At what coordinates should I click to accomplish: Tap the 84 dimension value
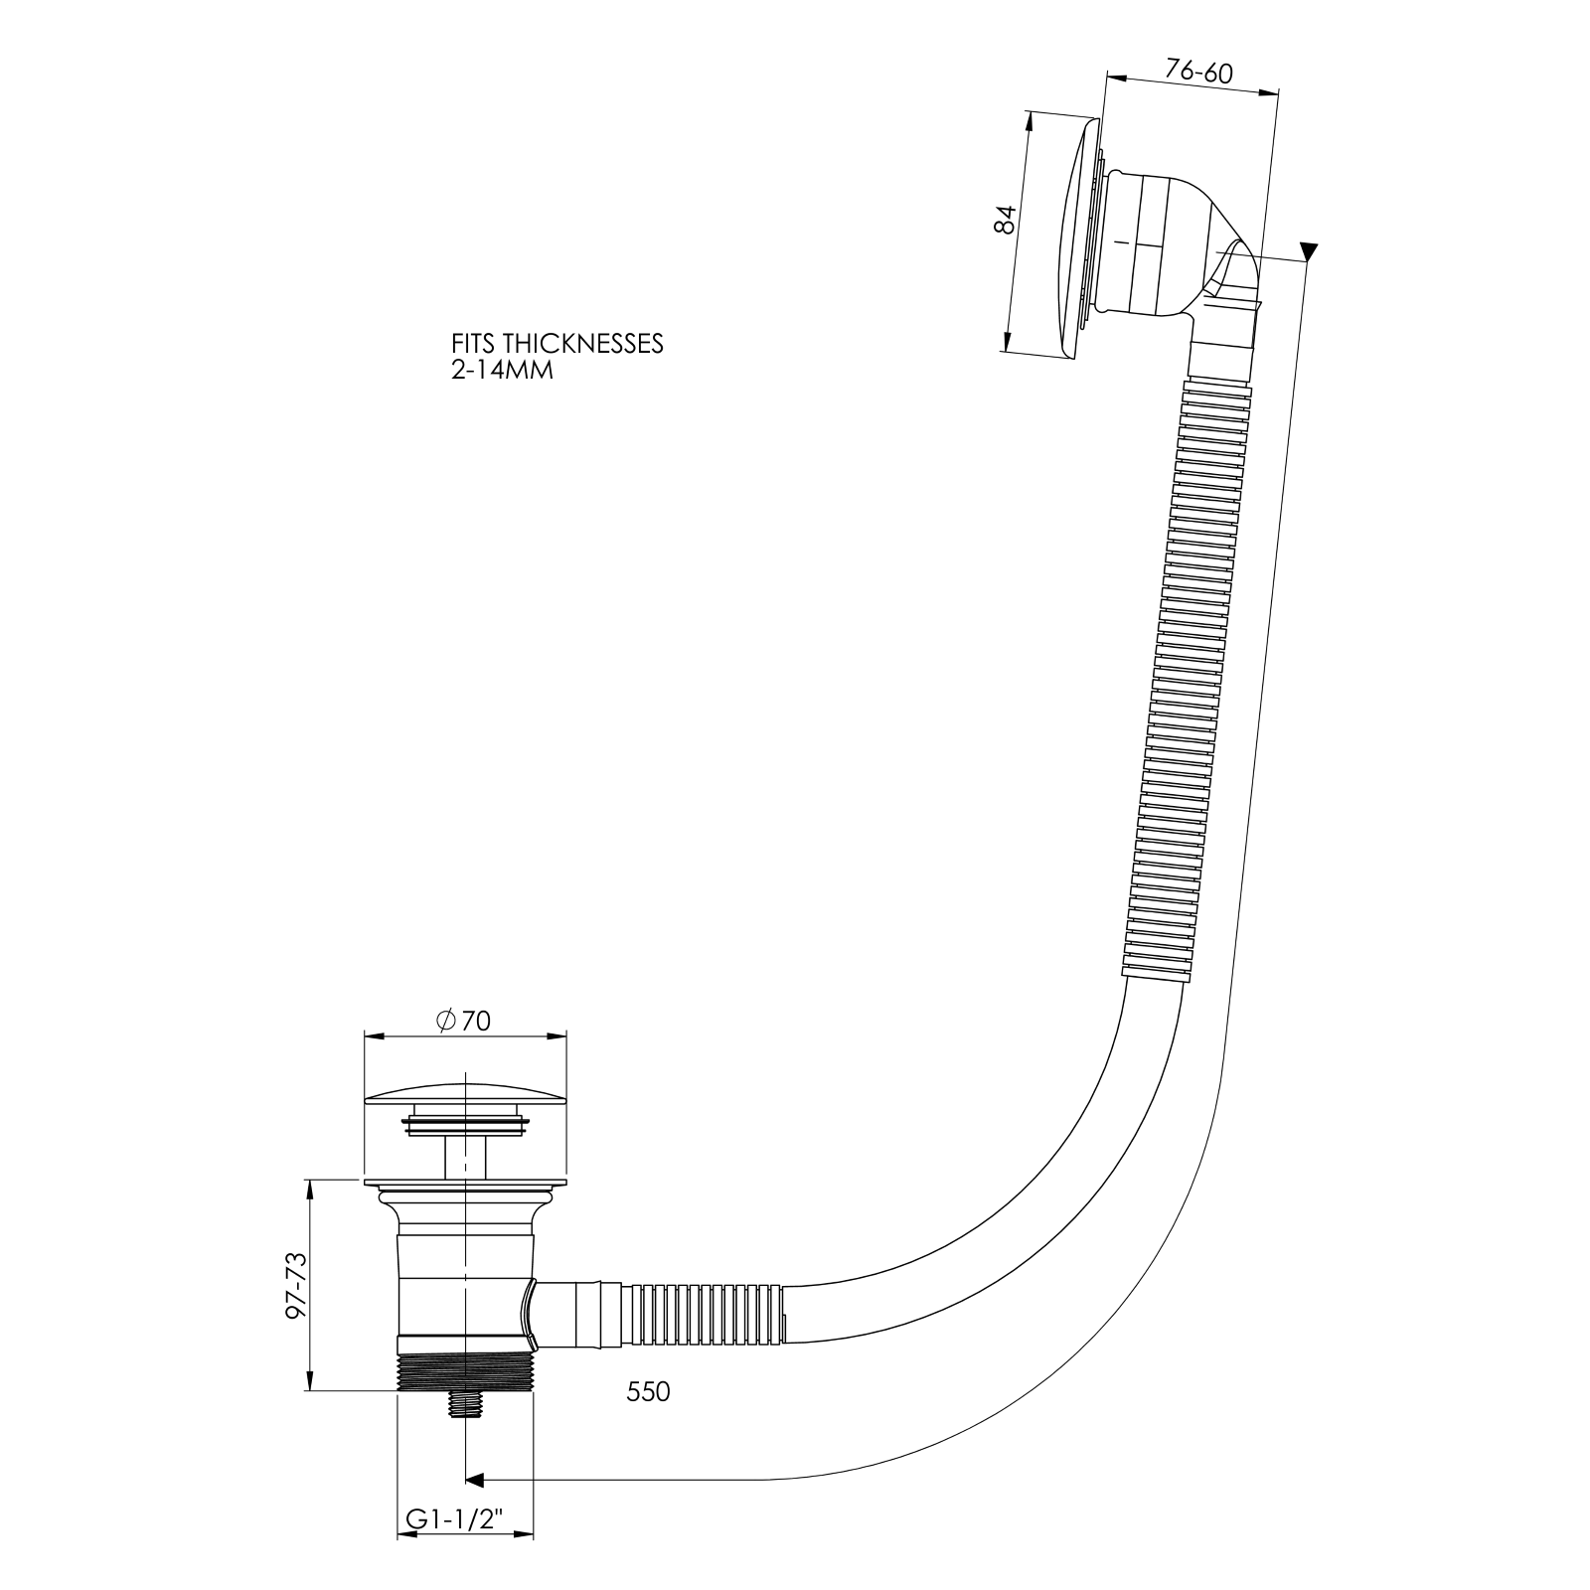click(1006, 219)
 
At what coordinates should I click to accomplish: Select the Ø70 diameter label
click(463, 1021)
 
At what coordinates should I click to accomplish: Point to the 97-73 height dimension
click(296, 1286)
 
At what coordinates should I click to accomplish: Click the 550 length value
click(648, 1392)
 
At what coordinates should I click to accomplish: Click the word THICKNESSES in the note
click(582, 344)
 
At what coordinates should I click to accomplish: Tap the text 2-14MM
click(501, 371)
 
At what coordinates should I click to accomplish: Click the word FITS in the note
click(473, 344)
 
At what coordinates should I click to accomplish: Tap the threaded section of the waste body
click(464, 1372)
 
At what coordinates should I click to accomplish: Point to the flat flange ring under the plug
click(465, 1186)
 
